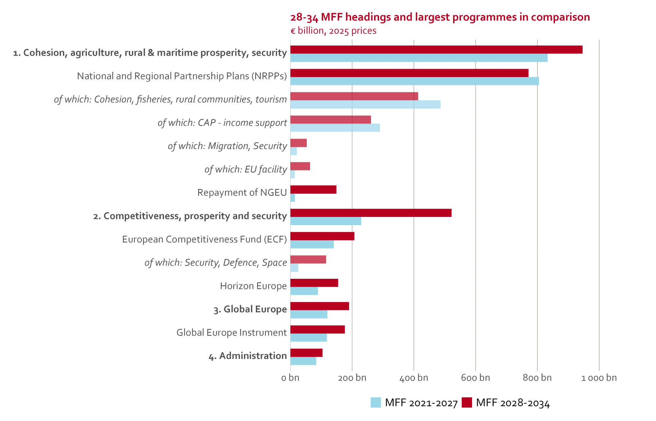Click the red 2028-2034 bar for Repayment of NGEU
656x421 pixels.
tap(313, 189)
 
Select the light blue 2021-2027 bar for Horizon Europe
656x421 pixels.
tap(304, 291)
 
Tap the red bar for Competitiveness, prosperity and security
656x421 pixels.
tap(371, 213)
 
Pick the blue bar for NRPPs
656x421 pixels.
tap(414, 81)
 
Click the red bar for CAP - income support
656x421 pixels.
tap(330, 120)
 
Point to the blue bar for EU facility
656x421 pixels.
tap(293, 174)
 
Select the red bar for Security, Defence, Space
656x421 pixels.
tap(308, 259)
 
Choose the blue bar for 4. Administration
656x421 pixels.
tap(303, 361)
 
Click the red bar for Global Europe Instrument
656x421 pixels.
tap(318, 329)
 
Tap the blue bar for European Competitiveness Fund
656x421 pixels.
tap(312, 244)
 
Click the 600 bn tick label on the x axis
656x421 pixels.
tap(475, 378)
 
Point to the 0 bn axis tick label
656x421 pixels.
tap(290, 378)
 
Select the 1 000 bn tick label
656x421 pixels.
tap(599, 378)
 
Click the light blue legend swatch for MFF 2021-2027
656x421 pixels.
tap(376, 402)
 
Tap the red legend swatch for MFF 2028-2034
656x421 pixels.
tap(466, 402)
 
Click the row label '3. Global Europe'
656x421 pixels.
tap(250, 309)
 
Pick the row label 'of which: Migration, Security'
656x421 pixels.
tap(227, 146)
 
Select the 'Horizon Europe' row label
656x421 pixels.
tap(253, 286)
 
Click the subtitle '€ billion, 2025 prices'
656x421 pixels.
tap(333, 31)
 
